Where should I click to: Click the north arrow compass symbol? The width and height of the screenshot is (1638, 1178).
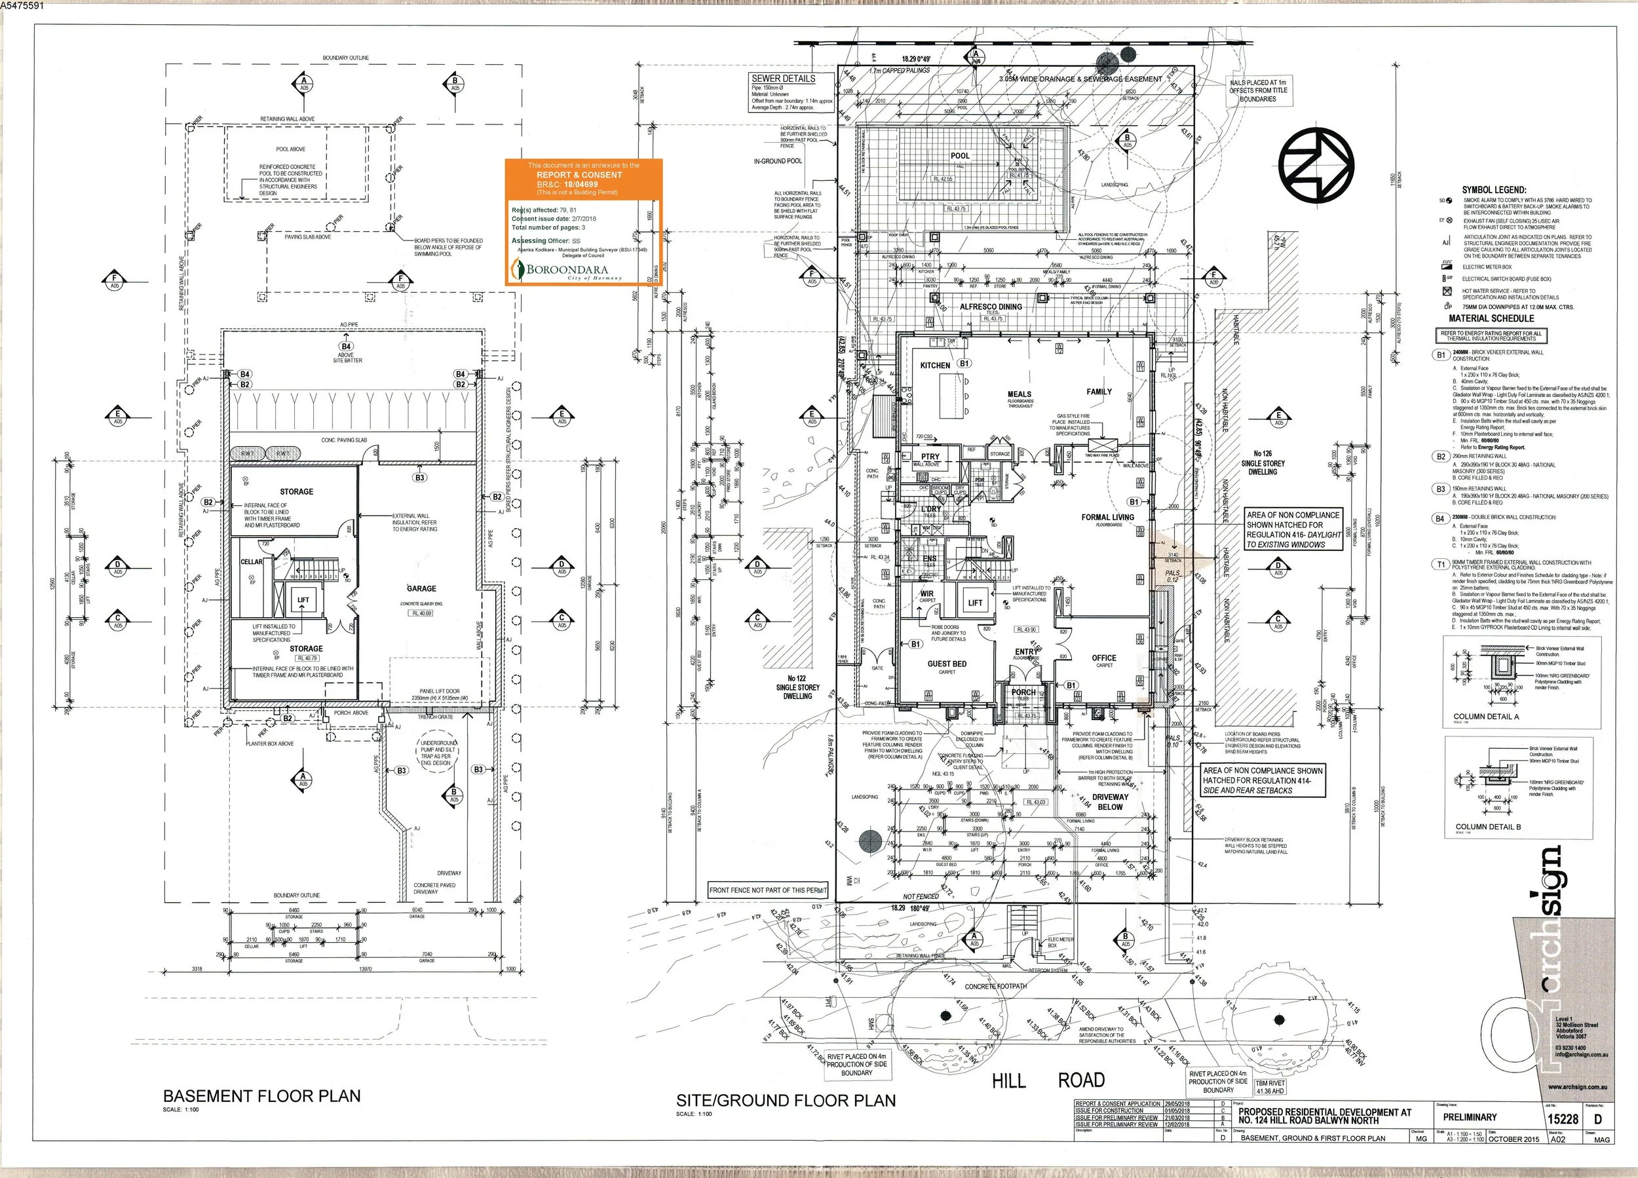click(1316, 165)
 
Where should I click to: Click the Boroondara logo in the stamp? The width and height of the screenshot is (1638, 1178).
click(567, 271)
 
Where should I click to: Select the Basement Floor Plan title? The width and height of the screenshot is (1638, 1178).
click(261, 1095)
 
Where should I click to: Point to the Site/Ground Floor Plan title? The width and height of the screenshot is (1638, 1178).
click(785, 1101)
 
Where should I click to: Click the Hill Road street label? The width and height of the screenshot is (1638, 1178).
click(1048, 1080)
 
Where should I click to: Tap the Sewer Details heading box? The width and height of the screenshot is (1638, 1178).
click(783, 79)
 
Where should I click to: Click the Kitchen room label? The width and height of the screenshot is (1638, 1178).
click(934, 366)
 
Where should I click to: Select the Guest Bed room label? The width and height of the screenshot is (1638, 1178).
click(947, 664)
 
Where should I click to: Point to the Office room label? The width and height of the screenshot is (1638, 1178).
click(1103, 658)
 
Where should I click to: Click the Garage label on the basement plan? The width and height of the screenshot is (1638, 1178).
click(421, 588)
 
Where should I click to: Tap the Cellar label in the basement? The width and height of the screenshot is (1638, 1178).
click(252, 562)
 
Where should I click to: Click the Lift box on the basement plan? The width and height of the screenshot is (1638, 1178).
click(303, 600)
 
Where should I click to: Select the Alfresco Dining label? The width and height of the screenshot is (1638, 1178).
click(990, 307)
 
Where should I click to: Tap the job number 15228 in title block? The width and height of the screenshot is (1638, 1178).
click(1563, 1119)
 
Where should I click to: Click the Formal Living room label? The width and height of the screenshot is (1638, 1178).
click(1107, 517)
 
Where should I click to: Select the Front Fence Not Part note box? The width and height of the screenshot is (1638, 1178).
click(768, 890)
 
